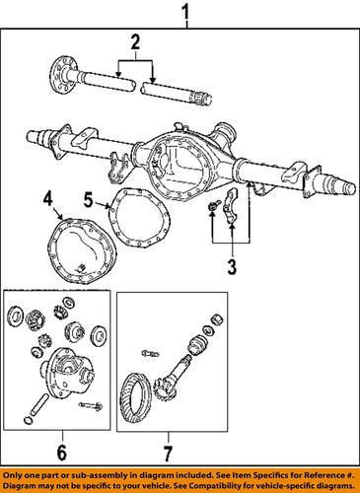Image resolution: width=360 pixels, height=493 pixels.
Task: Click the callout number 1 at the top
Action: pyautogui.click(x=182, y=13)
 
